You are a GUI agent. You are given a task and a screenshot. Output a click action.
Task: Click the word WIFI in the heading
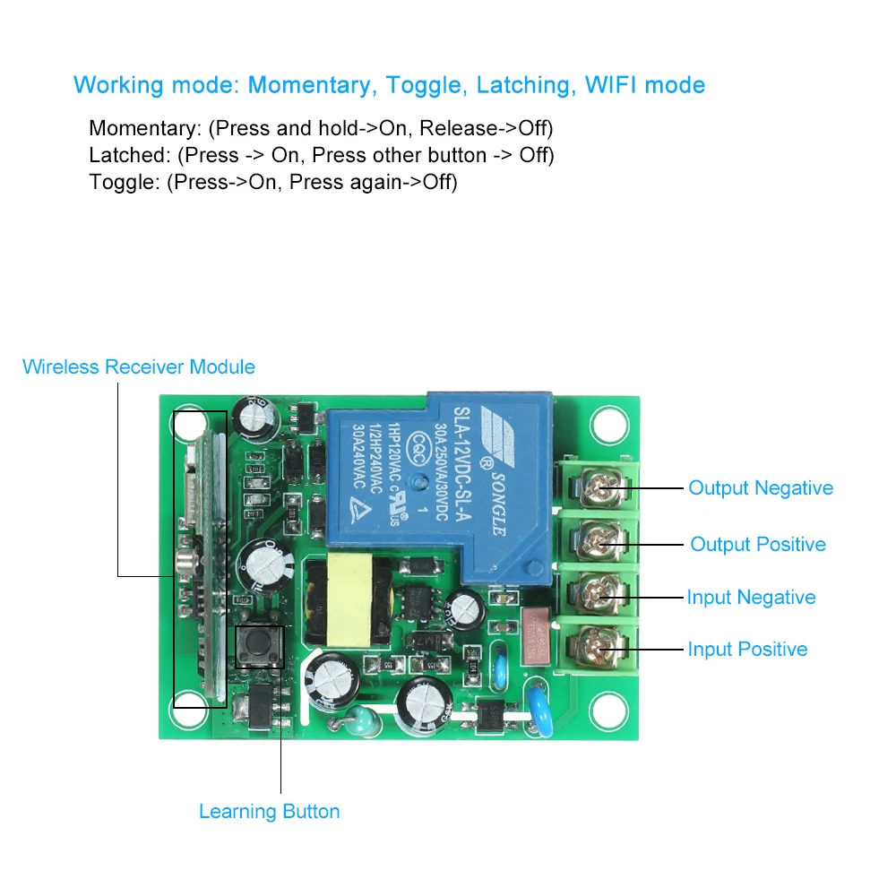coord(612,85)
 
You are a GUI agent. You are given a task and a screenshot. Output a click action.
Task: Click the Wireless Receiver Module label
coord(139,366)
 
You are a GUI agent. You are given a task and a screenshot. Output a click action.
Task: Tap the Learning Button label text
coord(270,812)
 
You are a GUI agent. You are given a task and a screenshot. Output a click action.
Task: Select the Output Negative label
coord(761,488)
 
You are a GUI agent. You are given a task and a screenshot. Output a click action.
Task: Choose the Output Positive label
coord(758,545)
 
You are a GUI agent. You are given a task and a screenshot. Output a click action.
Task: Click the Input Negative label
coord(751,598)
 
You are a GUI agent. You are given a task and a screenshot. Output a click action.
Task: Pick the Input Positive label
coord(747,650)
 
